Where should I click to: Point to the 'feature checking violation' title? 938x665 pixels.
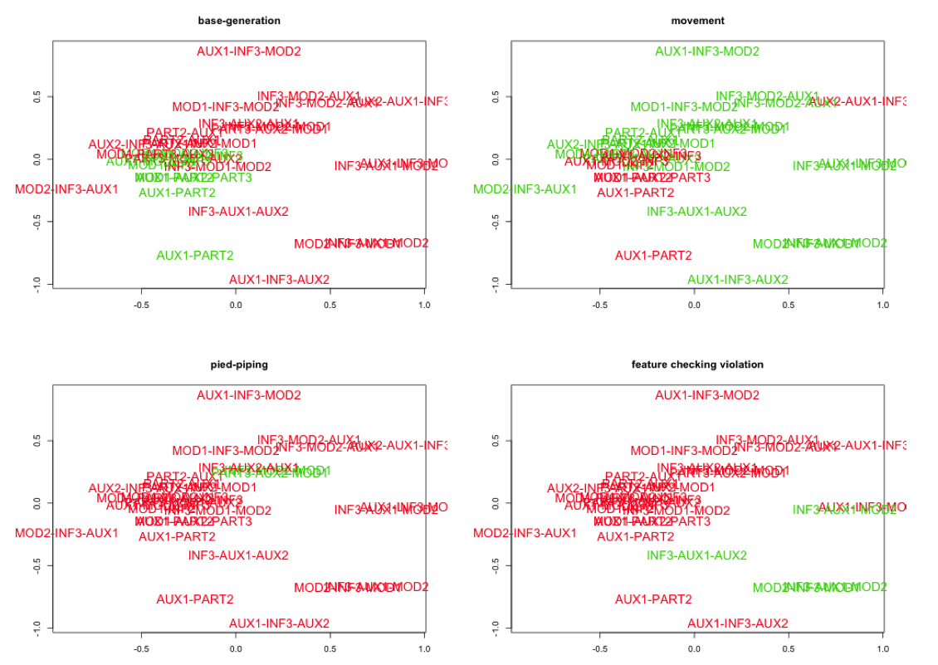(x=697, y=364)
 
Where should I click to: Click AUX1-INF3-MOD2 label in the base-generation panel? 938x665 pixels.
(x=248, y=51)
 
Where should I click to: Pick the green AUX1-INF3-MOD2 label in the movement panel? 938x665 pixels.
(x=706, y=51)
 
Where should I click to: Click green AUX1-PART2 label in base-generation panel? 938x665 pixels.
(x=195, y=256)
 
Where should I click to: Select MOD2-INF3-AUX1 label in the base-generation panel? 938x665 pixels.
(x=66, y=189)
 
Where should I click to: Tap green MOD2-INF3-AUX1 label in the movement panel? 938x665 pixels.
(x=525, y=189)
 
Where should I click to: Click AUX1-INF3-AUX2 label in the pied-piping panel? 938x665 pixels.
(x=279, y=623)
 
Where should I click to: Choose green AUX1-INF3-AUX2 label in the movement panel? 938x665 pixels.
(x=737, y=280)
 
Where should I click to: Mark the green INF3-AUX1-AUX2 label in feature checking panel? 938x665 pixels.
(x=696, y=555)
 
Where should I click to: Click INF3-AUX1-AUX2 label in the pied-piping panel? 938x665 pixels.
(x=238, y=555)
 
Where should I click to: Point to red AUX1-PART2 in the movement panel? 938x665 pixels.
(x=653, y=256)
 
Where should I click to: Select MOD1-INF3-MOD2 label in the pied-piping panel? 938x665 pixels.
(x=225, y=451)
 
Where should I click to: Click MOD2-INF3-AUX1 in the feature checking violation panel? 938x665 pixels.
(x=525, y=533)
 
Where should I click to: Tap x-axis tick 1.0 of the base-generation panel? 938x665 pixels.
(x=424, y=305)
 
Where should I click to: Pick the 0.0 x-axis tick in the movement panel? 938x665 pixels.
(x=694, y=305)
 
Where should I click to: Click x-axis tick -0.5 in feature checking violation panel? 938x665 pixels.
(x=599, y=648)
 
